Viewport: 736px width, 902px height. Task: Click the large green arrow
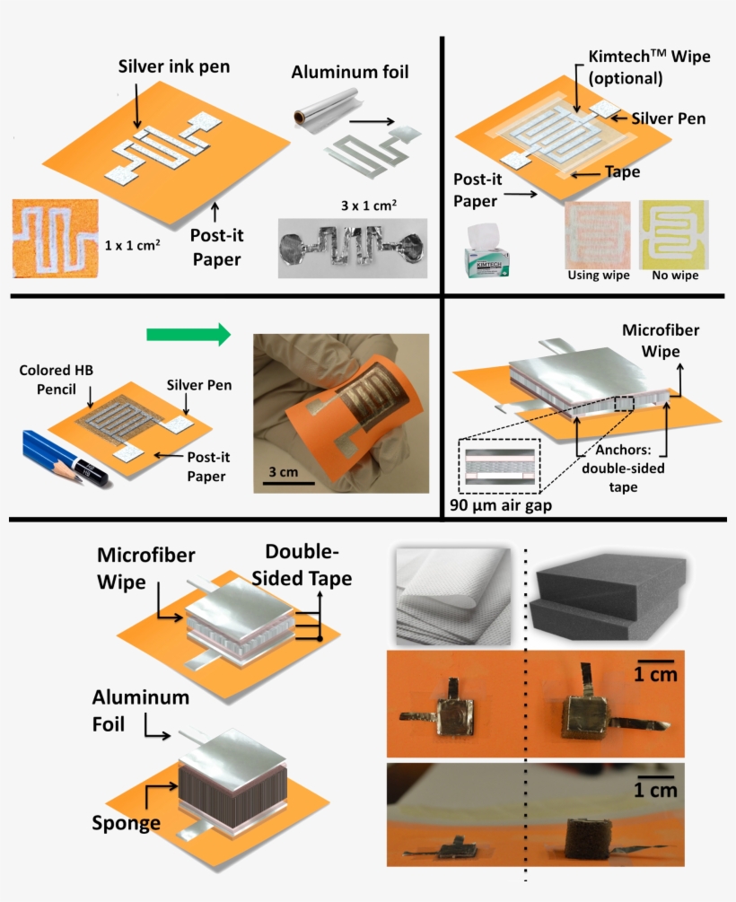188,335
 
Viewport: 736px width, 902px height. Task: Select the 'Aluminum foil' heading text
350,72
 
